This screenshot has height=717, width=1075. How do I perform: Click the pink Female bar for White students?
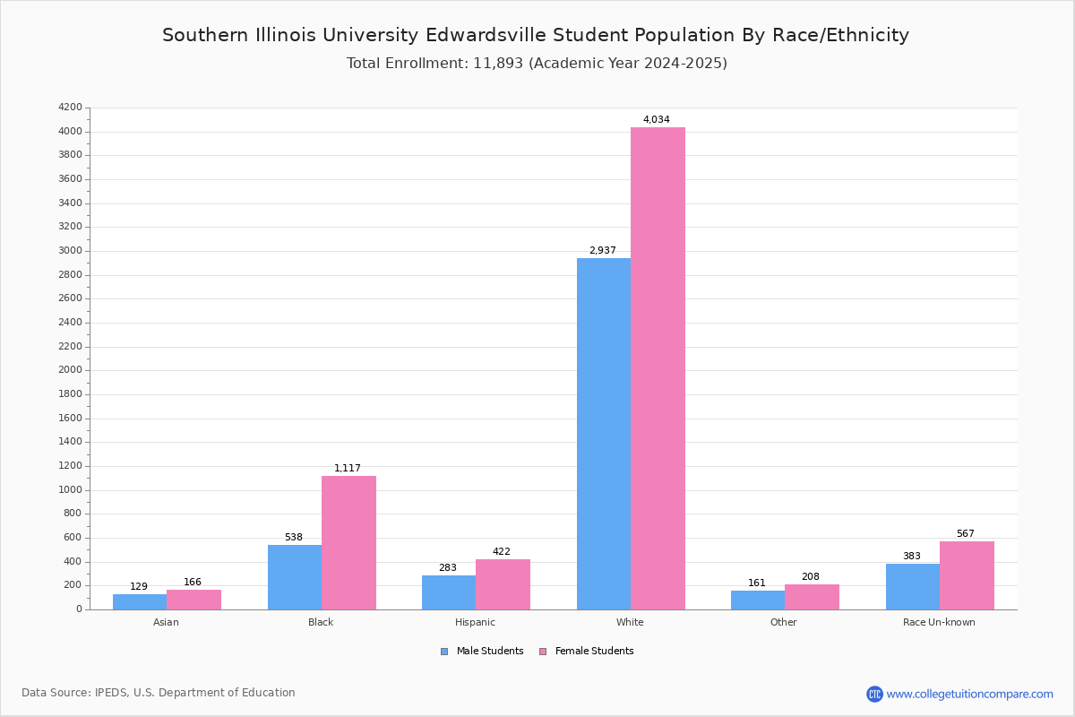click(658, 368)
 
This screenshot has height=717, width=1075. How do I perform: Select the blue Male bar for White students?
click(604, 434)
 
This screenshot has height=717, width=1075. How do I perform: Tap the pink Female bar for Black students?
click(348, 542)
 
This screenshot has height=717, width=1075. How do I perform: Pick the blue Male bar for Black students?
click(295, 577)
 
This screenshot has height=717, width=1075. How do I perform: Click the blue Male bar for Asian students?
click(140, 601)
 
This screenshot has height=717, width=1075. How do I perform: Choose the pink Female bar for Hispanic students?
click(503, 584)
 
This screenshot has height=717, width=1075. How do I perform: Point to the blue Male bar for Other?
click(758, 600)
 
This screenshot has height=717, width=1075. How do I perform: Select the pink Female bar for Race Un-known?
click(967, 575)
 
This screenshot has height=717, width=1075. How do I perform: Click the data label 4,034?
click(656, 119)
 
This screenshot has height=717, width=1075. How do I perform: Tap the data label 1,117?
click(347, 468)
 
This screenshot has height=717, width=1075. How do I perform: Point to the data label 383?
click(912, 556)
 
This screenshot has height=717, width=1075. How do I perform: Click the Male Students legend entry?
click(482, 651)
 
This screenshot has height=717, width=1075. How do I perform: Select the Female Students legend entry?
click(587, 651)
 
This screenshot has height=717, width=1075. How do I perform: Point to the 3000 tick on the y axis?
click(70, 251)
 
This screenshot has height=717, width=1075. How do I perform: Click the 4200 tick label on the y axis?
click(70, 107)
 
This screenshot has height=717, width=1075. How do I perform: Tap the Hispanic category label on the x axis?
click(475, 622)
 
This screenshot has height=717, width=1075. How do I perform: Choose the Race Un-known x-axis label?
click(939, 622)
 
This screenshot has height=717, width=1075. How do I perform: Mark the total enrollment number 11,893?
click(498, 63)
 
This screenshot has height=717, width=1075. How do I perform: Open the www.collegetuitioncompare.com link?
click(969, 694)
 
